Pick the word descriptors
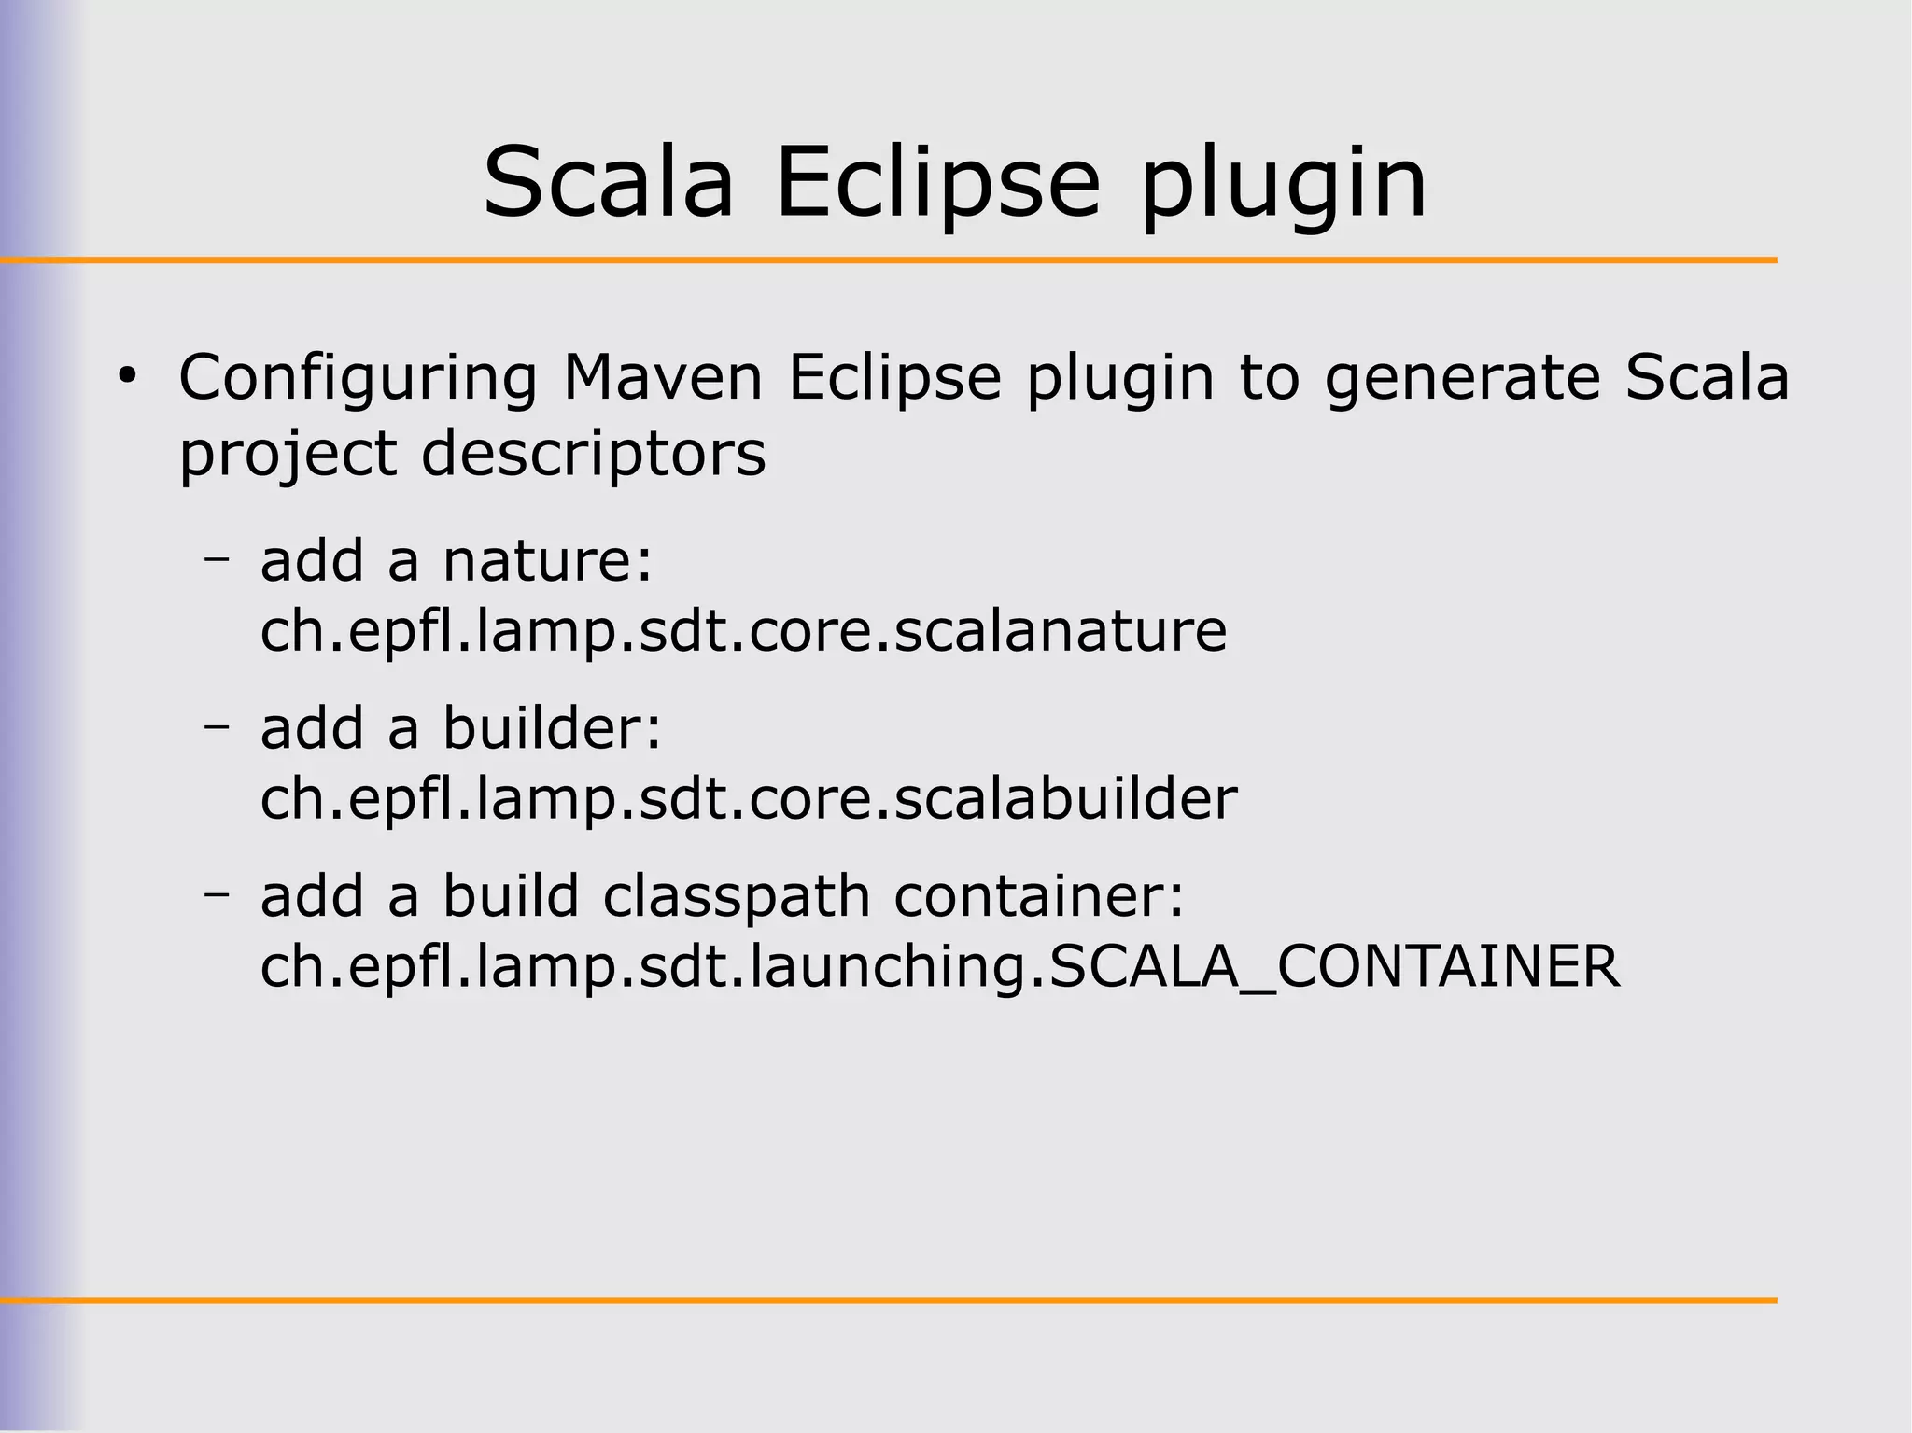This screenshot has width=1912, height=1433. point(594,455)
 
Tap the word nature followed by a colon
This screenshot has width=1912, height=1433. point(548,562)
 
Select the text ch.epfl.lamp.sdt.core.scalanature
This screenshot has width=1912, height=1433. point(743,632)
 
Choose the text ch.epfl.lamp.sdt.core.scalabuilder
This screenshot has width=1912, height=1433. point(749,800)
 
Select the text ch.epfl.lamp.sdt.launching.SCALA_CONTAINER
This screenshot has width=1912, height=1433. point(940,967)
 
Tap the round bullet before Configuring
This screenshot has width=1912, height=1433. point(127,378)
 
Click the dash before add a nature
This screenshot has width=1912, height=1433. point(217,559)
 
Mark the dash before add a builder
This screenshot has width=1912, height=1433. point(217,726)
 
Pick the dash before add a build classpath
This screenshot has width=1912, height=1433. point(217,894)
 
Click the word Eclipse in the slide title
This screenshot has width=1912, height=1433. point(938,184)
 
